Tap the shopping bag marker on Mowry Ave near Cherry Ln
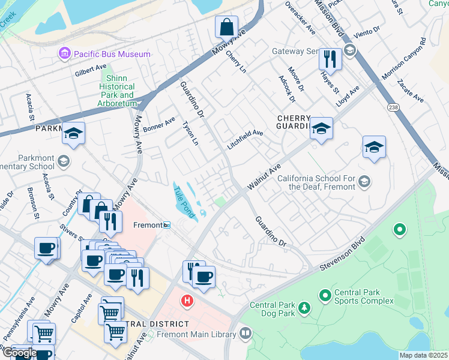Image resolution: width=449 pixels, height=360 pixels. coord(227,27)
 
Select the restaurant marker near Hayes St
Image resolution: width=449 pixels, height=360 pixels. coord(330,59)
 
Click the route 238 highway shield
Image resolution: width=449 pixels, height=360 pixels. coord(393,106)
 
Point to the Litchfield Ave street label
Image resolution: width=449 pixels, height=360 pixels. coord(245,140)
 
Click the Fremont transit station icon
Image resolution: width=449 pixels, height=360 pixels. coord(167,225)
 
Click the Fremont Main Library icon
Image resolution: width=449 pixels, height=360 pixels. coord(246,333)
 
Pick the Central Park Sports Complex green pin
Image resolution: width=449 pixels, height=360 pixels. coord(325,295)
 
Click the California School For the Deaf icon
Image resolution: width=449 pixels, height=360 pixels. coord(364,181)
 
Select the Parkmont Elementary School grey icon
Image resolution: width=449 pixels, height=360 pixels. coord(64,161)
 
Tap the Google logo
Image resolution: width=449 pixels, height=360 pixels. coord(19,352)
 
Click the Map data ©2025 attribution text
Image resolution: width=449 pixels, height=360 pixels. coord(424,355)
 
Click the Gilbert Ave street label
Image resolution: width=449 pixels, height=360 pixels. coord(91,71)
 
